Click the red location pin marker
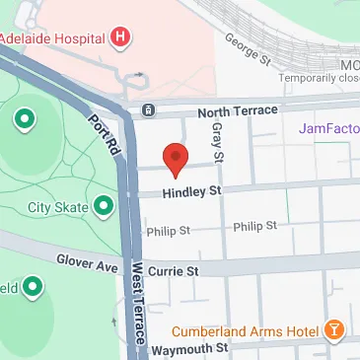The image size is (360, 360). [175, 159]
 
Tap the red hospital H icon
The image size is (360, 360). [120, 38]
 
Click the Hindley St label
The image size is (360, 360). [177, 193]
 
